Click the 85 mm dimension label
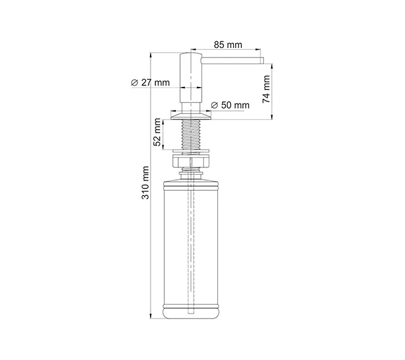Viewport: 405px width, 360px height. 227,44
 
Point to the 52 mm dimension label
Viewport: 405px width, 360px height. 157,133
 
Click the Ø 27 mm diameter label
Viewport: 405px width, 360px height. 151,83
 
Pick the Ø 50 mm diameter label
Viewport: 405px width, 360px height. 230,106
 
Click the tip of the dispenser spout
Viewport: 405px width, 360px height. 262,60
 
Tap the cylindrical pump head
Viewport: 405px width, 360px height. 192,81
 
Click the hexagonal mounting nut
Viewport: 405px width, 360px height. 192,162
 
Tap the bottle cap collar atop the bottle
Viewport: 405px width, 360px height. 192,176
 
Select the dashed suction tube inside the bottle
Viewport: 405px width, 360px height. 192,252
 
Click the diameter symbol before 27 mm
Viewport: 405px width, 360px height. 134,83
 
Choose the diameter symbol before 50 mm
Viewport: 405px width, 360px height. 215,106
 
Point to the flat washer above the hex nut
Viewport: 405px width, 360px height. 192,151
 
